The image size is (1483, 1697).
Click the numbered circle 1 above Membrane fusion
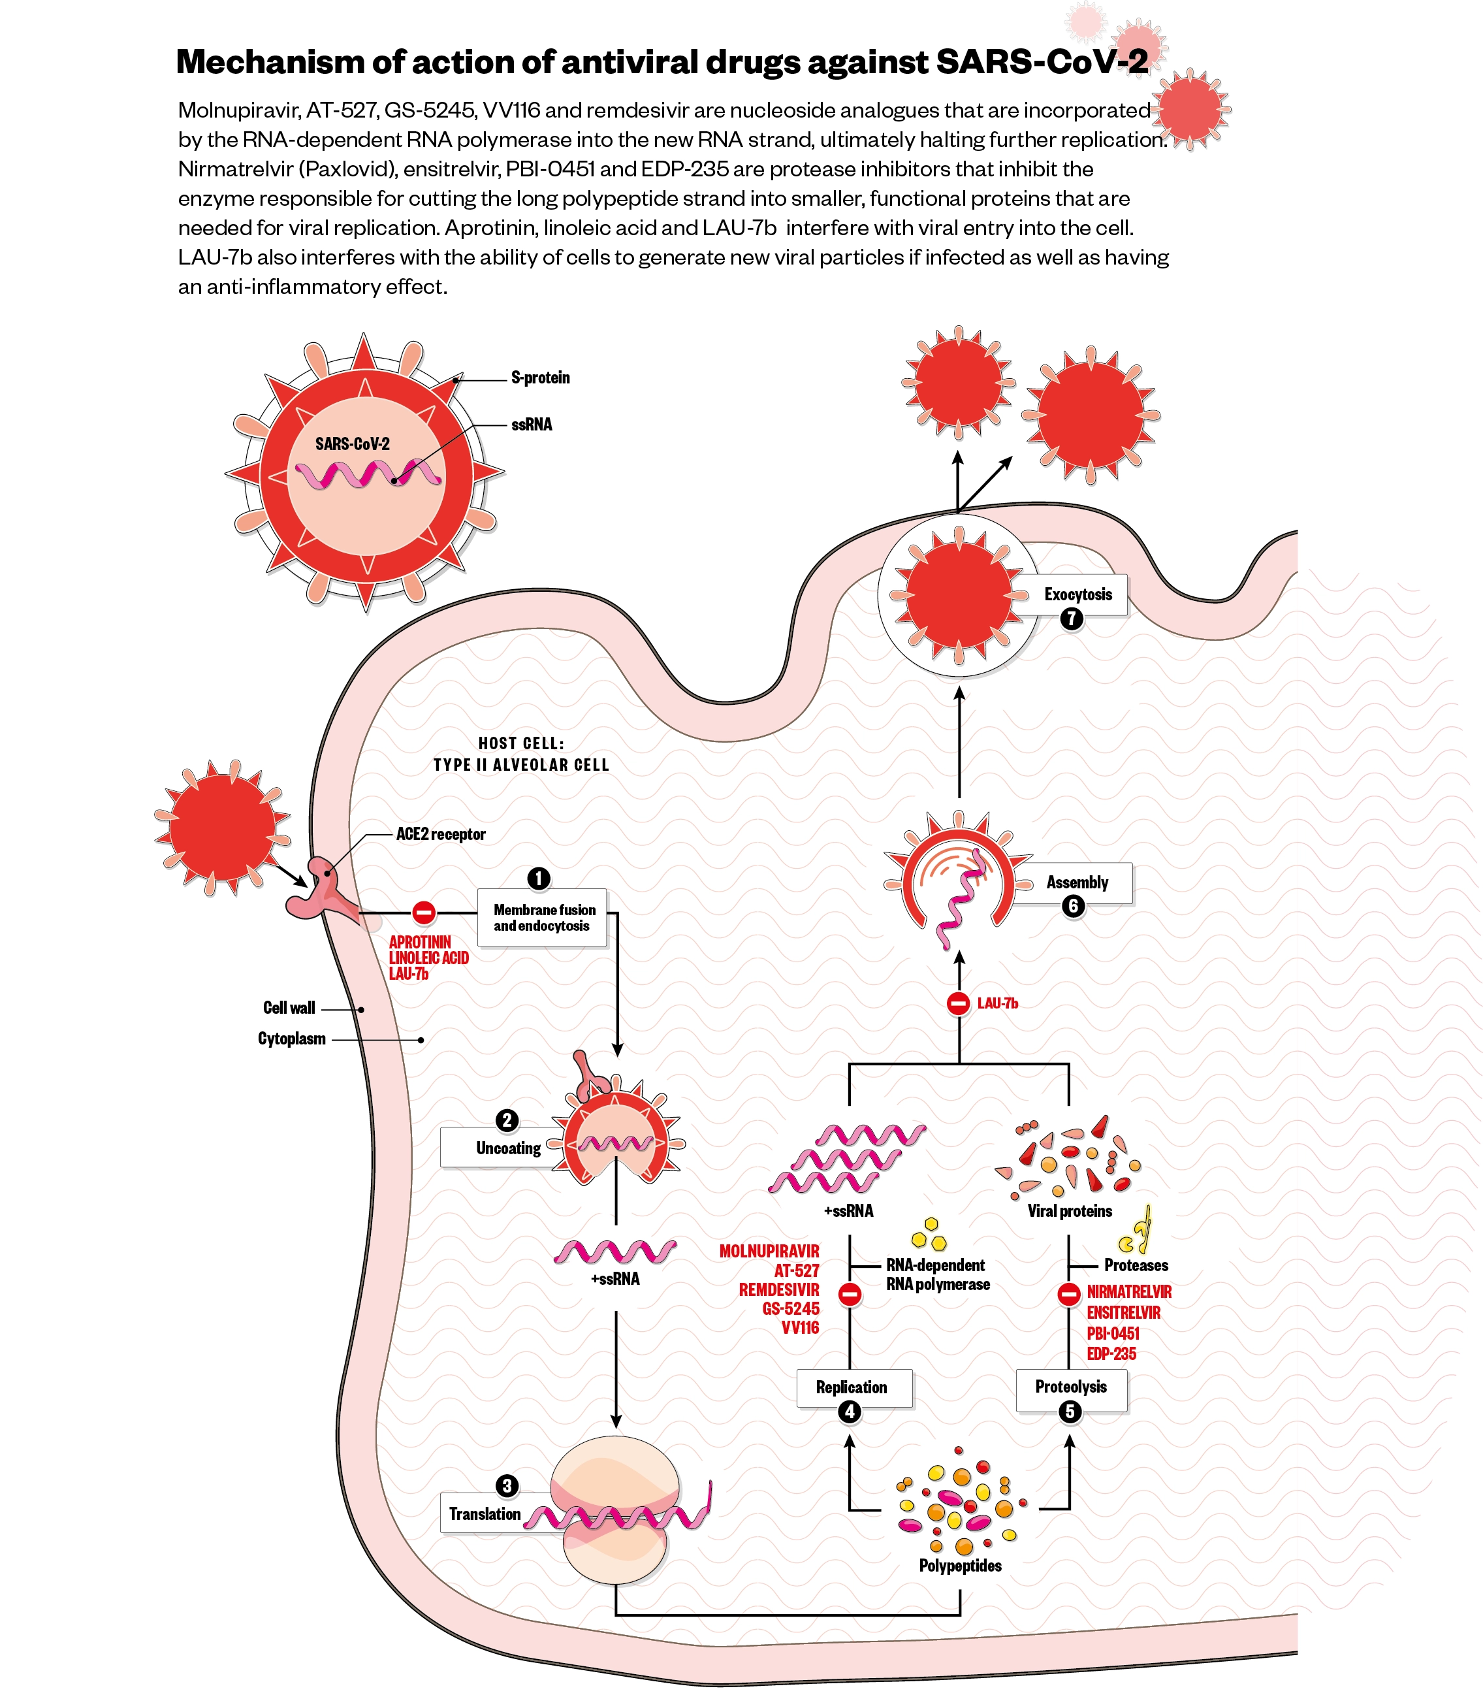tap(539, 879)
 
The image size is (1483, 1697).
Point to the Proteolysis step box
tap(1071, 1387)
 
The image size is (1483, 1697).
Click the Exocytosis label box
tap(1078, 594)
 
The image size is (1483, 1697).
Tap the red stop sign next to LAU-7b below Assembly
tap(959, 1003)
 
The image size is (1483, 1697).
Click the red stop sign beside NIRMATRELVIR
tap(1068, 1294)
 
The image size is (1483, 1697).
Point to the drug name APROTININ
tap(421, 942)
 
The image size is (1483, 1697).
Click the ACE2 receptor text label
tap(440, 834)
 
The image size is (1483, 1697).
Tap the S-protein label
tap(541, 378)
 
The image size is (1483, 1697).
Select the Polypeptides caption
tap(960, 1565)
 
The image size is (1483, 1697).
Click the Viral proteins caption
tap(1069, 1211)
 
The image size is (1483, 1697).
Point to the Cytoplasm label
tap(291, 1039)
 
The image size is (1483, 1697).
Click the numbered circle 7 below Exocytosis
tap(1072, 619)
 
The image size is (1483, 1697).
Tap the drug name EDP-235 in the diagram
tap(1111, 1354)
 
